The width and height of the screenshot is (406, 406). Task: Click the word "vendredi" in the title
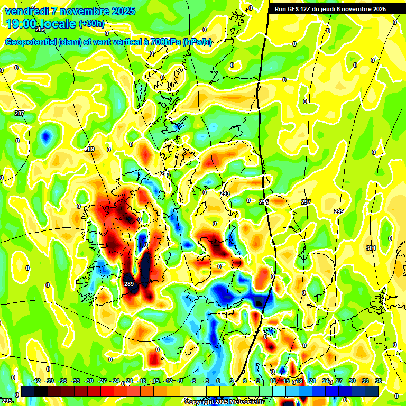pyautogui.click(x=24, y=11)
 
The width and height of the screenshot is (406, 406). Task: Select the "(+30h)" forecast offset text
pyautogui.click(x=91, y=24)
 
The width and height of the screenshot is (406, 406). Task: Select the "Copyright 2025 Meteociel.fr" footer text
pyautogui.click(x=224, y=402)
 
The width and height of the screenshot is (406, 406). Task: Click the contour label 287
pyautogui.click(x=20, y=114)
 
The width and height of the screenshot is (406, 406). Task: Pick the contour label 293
pyautogui.click(x=225, y=194)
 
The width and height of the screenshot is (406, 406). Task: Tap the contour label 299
pyautogui.click(x=339, y=211)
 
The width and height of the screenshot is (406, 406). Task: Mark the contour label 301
pyautogui.click(x=371, y=248)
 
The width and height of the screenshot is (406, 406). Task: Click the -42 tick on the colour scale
pyautogui.click(x=36, y=381)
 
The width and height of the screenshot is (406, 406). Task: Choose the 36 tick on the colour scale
pyautogui.click(x=378, y=381)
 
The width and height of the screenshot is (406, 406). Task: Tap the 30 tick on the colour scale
pyautogui.click(x=352, y=381)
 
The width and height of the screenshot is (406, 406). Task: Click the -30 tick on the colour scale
pyautogui.click(x=89, y=381)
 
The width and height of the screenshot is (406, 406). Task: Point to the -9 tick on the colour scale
pyautogui.click(x=180, y=381)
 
